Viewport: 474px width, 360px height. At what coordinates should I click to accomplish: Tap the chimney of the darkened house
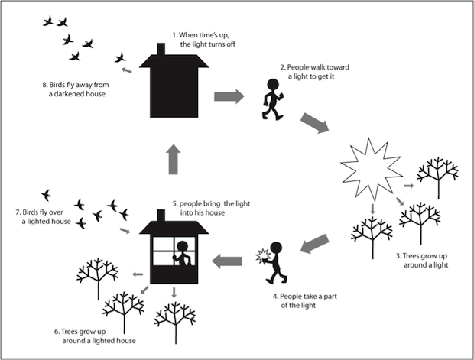point(161,50)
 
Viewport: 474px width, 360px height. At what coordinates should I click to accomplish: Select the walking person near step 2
point(271,99)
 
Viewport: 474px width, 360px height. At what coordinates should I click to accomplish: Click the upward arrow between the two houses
point(174,159)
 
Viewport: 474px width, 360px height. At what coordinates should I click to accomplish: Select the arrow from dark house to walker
point(227,97)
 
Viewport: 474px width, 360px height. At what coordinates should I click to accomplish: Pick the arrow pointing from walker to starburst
point(316,123)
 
